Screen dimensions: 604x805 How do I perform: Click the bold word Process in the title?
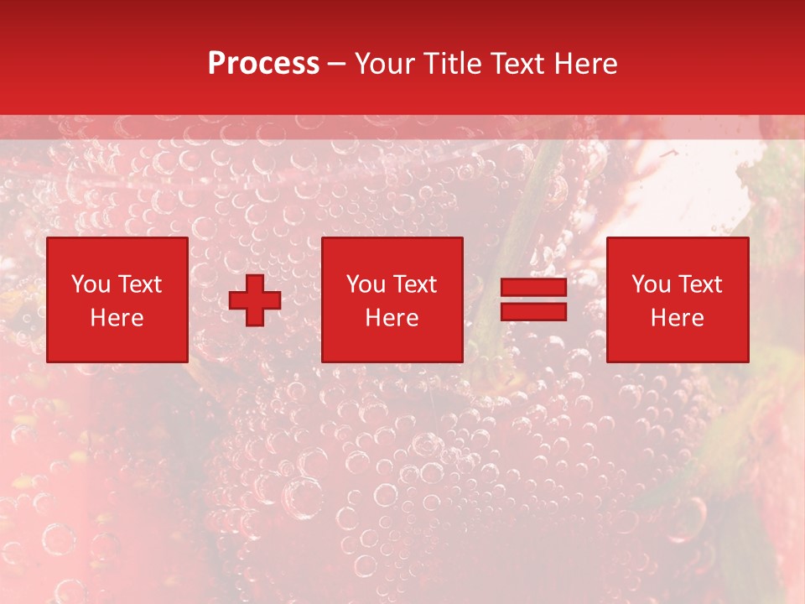click(x=263, y=64)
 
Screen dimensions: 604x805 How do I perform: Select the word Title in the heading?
click(x=453, y=64)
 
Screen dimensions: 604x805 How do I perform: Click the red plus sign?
click(x=255, y=300)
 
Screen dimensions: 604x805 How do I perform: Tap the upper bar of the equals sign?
click(x=533, y=289)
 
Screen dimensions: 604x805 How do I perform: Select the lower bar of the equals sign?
click(x=533, y=311)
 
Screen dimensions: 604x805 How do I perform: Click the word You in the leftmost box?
click(x=91, y=284)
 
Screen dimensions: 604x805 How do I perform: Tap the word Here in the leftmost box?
click(x=117, y=318)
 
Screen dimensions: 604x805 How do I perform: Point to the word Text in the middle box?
click(x=415, y=284)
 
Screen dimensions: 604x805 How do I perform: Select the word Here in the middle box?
click(x=392, y=318)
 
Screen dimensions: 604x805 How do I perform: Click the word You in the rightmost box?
click(x=651, y=284)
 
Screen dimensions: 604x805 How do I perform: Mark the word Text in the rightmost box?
click(x=700, y=284)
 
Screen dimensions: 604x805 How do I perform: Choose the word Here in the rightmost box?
click(x=677, y=318)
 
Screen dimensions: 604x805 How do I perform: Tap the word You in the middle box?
click(x=366, y=284)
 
